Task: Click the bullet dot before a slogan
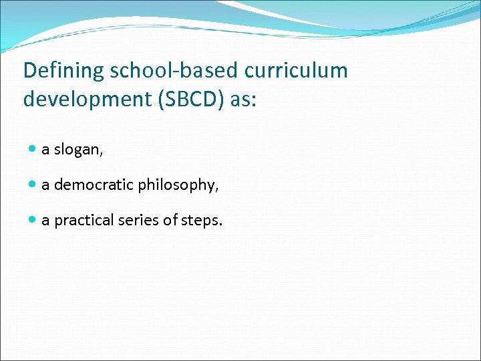coord(33,150)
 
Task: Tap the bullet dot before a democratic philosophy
coord(33,185)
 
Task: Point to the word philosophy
coord(176,185)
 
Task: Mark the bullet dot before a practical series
coord(33,220)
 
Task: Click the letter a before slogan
coord(45,150)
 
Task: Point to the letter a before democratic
coord(45,185)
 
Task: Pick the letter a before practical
coord(45,221)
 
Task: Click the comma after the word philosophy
coord(217,189)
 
